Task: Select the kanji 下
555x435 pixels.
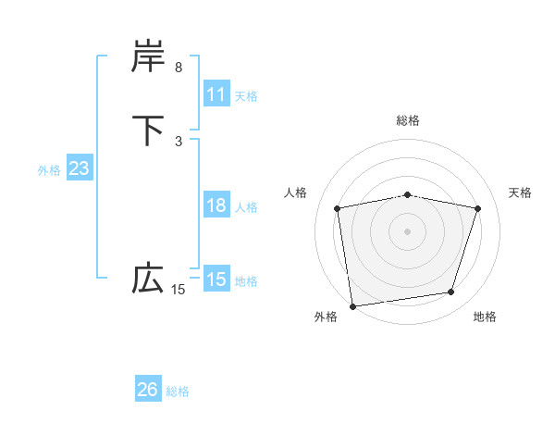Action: pos(148,130)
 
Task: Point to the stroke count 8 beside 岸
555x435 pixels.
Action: pos(179,68)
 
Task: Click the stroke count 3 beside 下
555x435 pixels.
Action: pos(179,141)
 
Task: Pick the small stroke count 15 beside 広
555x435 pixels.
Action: pos(178,290)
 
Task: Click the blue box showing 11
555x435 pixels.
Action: pos(216,94)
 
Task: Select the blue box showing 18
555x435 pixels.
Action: pos(216,205)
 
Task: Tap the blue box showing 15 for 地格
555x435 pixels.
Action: pos(216,280)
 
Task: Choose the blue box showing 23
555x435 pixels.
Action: pos(79,168)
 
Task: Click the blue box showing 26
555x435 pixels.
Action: pos(148,390)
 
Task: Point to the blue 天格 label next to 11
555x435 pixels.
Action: pos(245,95)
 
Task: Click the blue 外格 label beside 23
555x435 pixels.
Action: pos(49,169)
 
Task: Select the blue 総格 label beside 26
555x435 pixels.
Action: pos(178,391)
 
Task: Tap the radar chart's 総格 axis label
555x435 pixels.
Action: pos(408,120)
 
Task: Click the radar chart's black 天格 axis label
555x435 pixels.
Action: pos(521,193)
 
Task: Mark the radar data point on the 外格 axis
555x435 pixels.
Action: pos(352,305)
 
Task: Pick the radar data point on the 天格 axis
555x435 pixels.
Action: pos(478,208)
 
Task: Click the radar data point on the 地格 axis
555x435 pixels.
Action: pos(451,292)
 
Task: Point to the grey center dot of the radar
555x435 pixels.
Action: pos(408,231)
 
